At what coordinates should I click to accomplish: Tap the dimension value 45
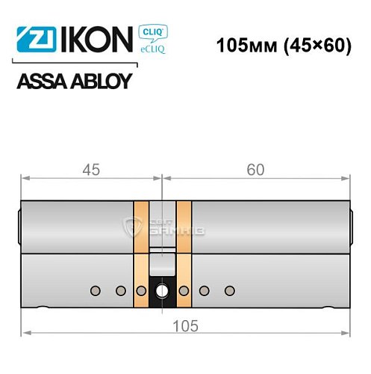coord(91,169)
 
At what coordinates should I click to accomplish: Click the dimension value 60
coord(256,169)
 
